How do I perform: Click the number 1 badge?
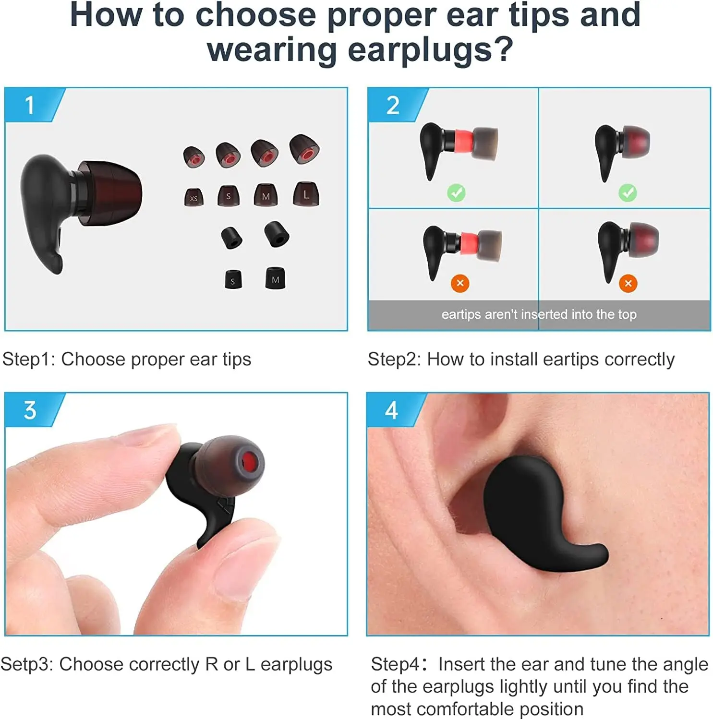pyautogui.click(x=30, y=105)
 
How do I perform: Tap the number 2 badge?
pyautogui.click(x=393, y=105)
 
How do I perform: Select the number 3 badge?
pyautogui.click(x=30, y=410)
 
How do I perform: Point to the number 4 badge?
pyautogui.click(x=391, y=410)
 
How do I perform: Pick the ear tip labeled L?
pyautogui.click(x=306, y=194)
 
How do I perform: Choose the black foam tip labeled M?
pyautogui.click(x=275, y=279)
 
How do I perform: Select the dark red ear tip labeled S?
pyautogui.click(x=228, y=196)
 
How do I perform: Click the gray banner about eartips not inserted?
pyautogui.click(x=539, y=314)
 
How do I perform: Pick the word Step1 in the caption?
pyautogui.click(x=29, y=359)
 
